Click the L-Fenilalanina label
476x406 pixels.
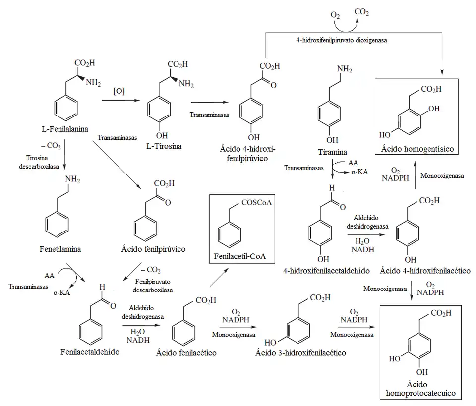click(64, 129)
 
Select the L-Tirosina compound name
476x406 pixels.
click(164, 146)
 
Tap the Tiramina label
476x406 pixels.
click(332, 152)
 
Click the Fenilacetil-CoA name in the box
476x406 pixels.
click(240, 257)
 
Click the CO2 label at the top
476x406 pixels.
click(361, 12)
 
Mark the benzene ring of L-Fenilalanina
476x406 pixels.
click(65, 108)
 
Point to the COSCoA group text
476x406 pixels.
click(258, 202)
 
